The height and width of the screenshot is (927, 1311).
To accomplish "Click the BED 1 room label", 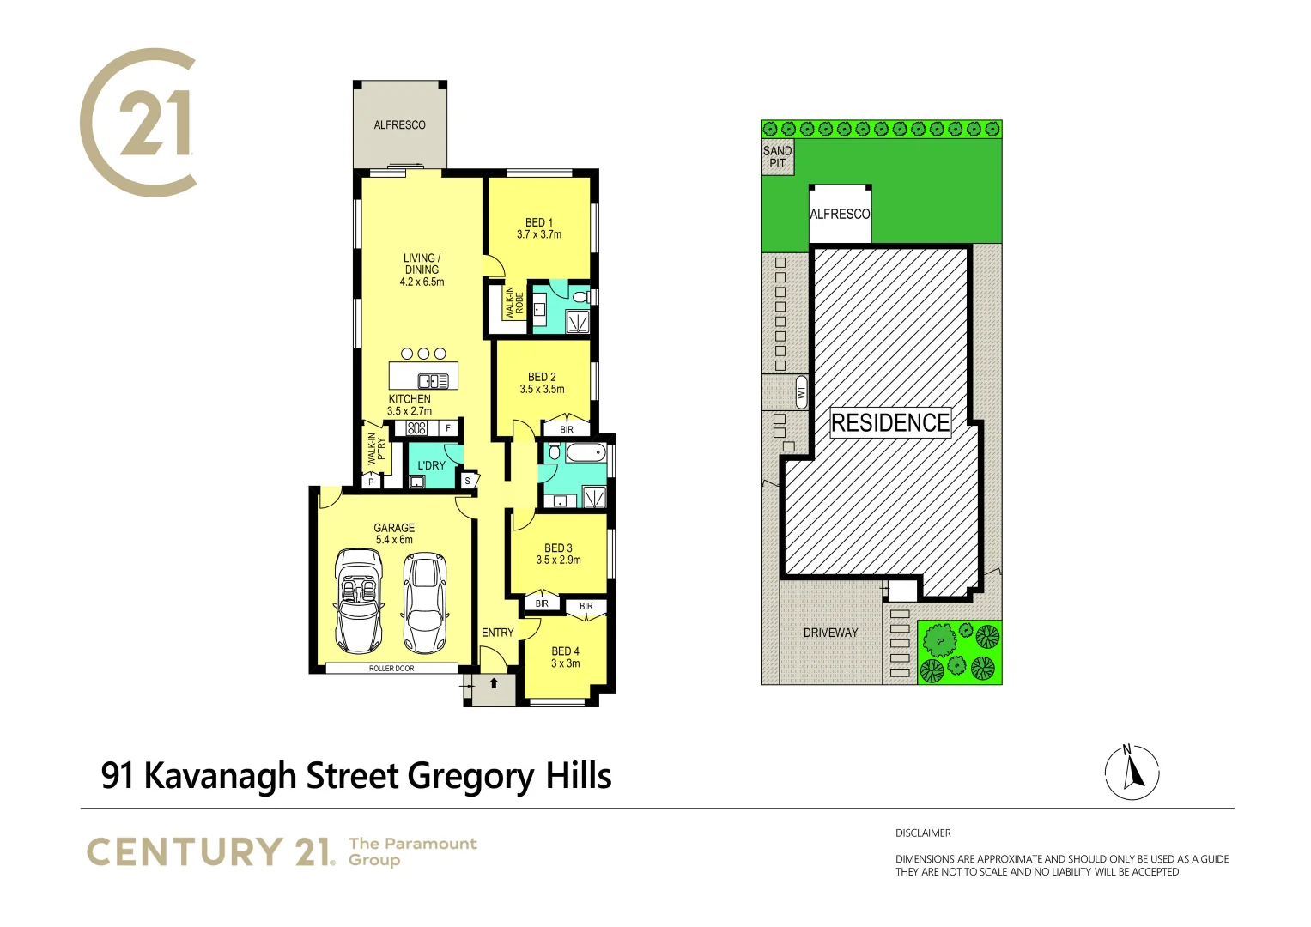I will coord(539,228).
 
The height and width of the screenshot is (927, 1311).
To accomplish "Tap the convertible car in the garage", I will coord(359,601).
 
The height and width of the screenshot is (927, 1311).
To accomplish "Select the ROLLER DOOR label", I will coord(391,669).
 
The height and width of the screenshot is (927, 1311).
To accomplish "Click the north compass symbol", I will coord(1132,772).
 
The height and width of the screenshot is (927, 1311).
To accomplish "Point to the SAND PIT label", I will coord(778,157).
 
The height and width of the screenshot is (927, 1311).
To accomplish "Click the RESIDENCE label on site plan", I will coord(890,423).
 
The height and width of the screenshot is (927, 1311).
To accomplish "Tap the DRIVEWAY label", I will coord(830,633).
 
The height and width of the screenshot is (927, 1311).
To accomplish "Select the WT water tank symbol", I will coord(802,393).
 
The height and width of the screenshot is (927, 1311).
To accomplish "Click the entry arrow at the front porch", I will coord(494,684).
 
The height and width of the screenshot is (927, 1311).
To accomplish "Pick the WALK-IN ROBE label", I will coord(514,304).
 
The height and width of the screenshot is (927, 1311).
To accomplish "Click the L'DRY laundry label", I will coord(431,465).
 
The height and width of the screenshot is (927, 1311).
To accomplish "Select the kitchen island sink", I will coord(433,381).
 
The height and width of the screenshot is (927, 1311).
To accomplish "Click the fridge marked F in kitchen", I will coord(448,427).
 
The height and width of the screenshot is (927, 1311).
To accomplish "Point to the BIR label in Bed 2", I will coord(567,429).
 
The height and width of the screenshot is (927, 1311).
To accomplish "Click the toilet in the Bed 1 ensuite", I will coord(580,297).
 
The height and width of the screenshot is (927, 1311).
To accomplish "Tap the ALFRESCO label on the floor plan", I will coord(399,125).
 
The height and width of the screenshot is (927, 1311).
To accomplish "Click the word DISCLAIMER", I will coord(923,833).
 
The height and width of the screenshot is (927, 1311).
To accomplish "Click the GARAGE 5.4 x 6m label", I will coord(394,534).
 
